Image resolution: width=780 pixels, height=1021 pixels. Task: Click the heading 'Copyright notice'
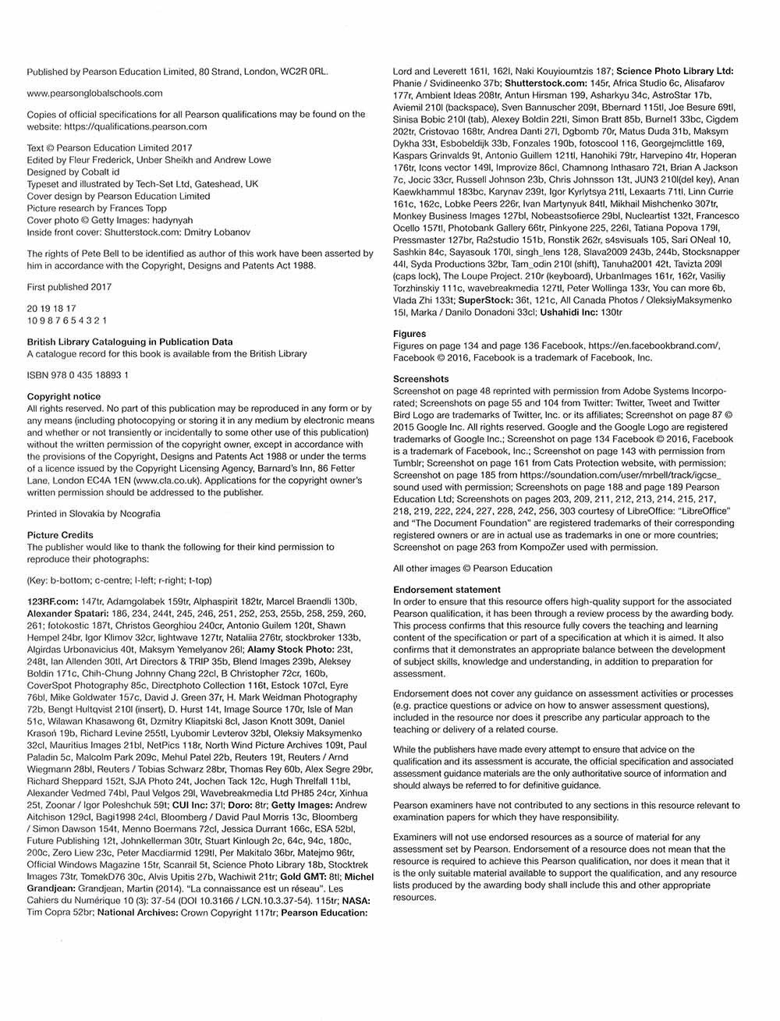(64, 396)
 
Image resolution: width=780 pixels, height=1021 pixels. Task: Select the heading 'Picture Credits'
(60, 535)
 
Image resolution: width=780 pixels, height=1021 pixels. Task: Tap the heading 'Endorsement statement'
(447, 590)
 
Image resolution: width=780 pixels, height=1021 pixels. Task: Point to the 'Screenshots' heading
(421, 379)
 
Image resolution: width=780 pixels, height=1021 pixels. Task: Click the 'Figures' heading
(409, 334)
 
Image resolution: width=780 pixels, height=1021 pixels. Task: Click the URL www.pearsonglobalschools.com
(94, 93)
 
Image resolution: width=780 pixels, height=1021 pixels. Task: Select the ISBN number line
(78, 375)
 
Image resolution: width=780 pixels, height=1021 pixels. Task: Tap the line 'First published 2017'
(69, 287)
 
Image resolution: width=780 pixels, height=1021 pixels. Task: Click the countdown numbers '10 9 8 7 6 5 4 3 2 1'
(67, 321)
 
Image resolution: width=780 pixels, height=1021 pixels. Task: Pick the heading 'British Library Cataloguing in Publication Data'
(129, 342)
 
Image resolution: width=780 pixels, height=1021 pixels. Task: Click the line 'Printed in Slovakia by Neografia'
(94, 514)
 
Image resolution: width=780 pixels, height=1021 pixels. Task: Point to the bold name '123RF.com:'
(52, 601)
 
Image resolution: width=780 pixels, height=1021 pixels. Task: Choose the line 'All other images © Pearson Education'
(473, 568)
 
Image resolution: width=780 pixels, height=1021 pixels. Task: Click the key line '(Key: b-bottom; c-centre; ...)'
(119, 580)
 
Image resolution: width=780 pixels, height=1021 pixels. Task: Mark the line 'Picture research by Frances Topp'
(97, 208)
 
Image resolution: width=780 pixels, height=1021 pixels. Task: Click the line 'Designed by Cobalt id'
(73, 172)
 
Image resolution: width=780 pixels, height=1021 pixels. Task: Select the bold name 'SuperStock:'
(484, 300)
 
